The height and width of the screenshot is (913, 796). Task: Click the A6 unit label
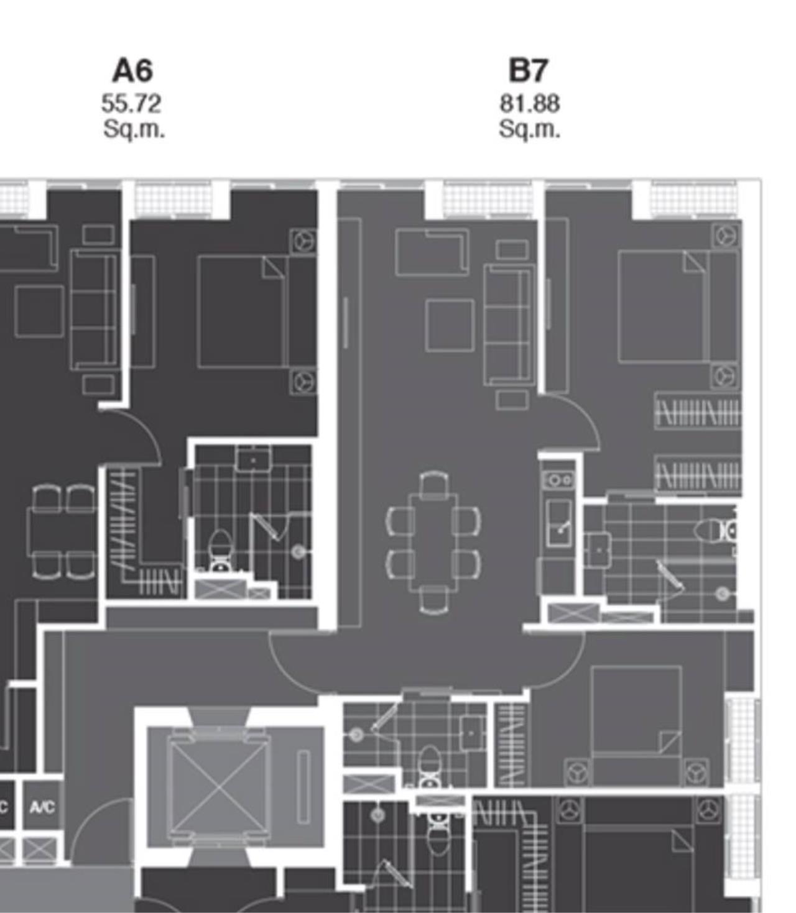(132, 70)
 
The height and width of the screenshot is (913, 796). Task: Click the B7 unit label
(528, 70)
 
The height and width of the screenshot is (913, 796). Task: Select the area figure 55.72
(131, 104)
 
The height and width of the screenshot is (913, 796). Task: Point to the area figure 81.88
(529, 104)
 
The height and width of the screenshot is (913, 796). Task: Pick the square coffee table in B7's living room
(450, 326)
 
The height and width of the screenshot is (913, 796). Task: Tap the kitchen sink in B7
(559, 523)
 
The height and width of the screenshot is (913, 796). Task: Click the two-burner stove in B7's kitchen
(558, 480)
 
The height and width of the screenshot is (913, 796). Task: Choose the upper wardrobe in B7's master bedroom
(697, 411)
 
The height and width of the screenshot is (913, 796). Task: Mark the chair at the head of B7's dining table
(433, 482)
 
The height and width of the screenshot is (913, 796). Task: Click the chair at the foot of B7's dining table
(433, 600)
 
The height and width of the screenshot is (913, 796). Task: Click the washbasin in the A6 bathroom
(254, 459)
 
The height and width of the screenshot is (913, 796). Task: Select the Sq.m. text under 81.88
(529, 129)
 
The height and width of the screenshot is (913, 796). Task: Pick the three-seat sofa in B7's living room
(509, 325)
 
